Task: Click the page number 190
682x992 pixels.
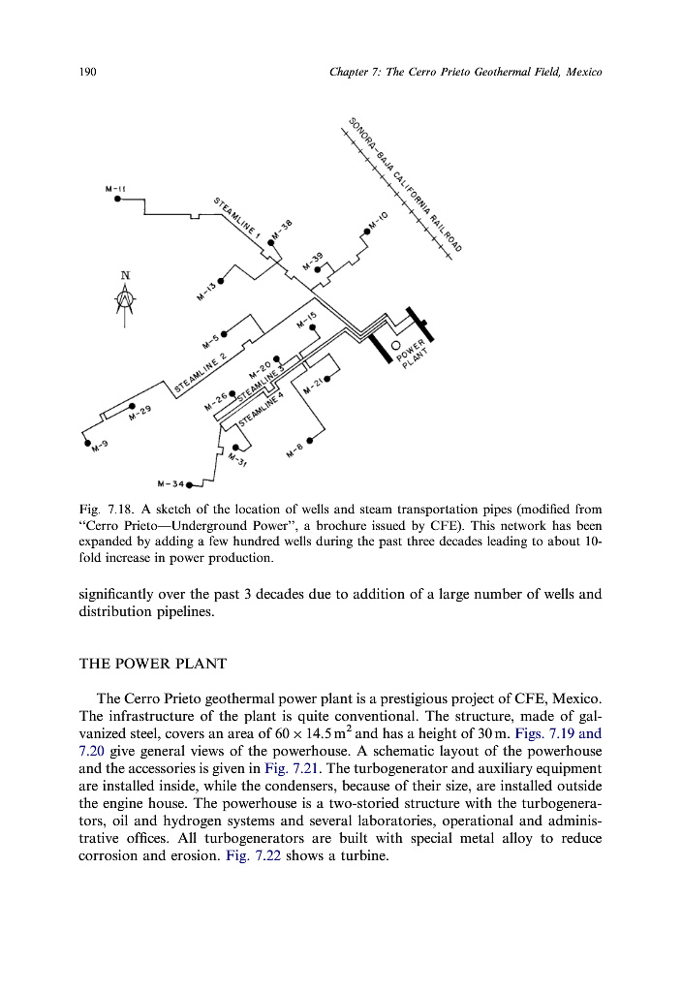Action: pyautogui.click(x=86, y=73)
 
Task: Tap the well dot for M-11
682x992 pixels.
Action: pyautogui.click(x=117, y=200)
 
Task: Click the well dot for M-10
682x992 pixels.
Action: pyautogui.click(x=366, y=232)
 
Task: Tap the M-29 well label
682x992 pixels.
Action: pyautogui.click(x=139, y=414)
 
